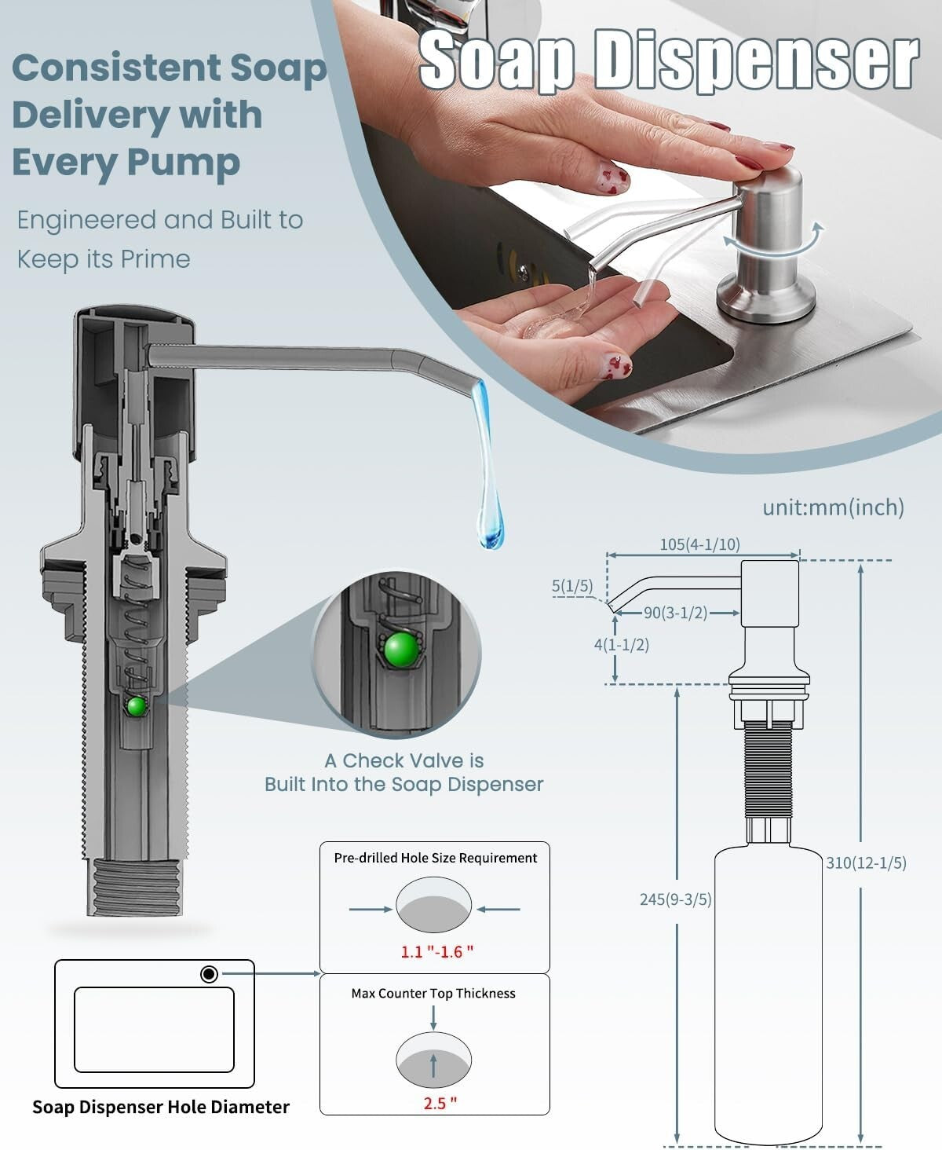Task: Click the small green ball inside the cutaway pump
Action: (137, 706)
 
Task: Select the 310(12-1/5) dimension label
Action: (866, 862)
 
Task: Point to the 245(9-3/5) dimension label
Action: (675, 899)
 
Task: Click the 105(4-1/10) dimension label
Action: (699, 544)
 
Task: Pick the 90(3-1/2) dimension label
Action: (676, 613)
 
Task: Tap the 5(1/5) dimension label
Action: (572, 585)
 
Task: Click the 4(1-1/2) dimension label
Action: (621, 644)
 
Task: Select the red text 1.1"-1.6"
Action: (437, 951)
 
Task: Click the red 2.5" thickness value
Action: (440, 1103)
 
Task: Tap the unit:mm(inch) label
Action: (833, 507)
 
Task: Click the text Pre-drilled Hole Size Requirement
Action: (436, 858)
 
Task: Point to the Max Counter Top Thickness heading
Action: (433, 993)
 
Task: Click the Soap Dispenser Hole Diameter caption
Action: (161, 1107)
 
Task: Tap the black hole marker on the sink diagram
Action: (209, 974)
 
